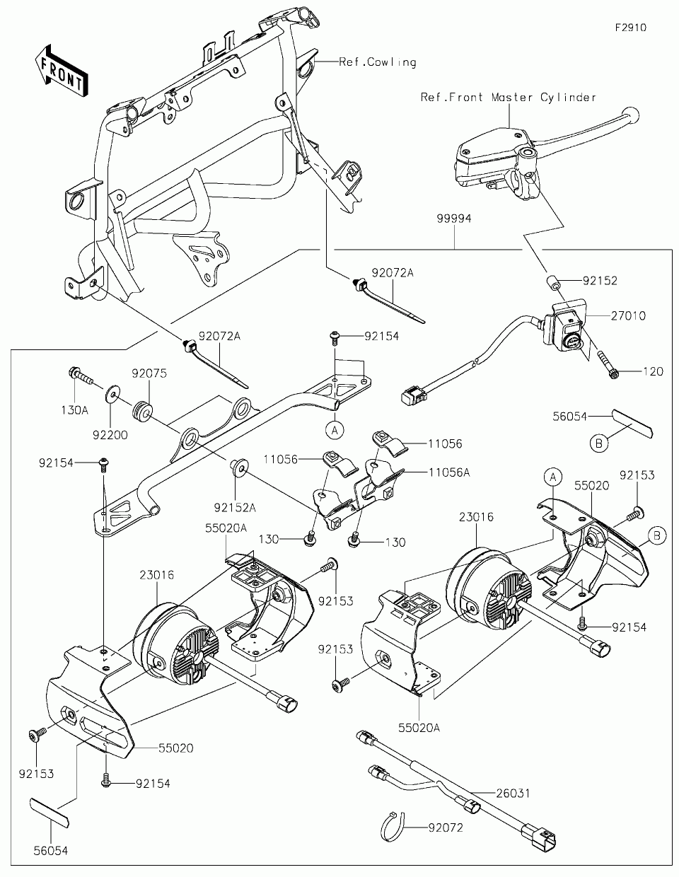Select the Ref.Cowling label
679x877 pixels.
[378, 62]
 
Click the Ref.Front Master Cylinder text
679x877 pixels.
[509, 98]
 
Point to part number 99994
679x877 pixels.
[454, 220]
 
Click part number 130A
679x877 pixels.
[74, 410]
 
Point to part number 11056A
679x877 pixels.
[448, 472]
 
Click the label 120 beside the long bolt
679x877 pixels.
[654, 371]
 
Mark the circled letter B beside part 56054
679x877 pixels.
[598, 443]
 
